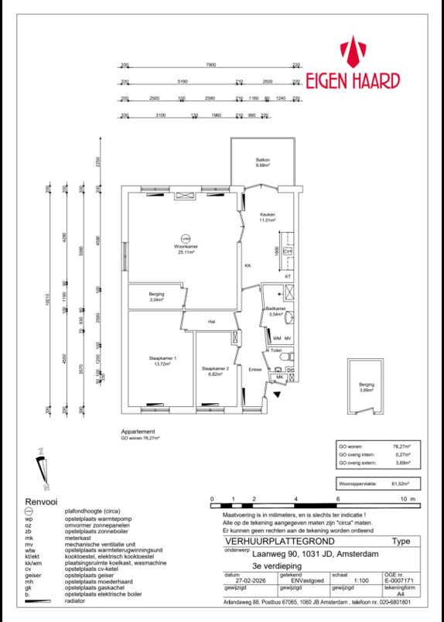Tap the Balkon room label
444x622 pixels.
coord(263,162)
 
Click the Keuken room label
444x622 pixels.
coord(267,217)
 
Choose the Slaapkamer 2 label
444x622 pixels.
coord(216,370)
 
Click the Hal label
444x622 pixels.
coord(211,322)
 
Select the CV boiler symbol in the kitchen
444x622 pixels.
coord(288,251)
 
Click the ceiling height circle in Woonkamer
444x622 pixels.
coord(184,238)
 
